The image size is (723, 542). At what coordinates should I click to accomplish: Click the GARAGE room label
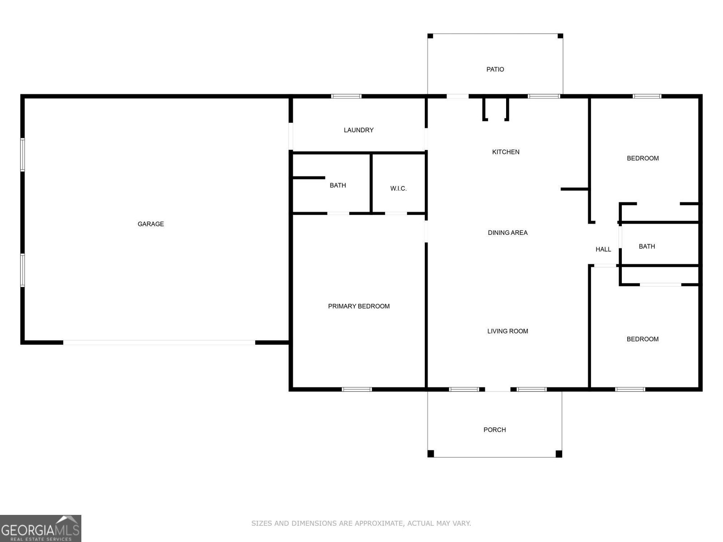click(150, 224)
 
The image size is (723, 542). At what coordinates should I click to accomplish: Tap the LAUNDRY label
click(358, 130)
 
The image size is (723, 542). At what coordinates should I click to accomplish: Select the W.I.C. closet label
click(398, 188)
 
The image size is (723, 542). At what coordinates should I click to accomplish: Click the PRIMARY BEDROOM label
click(358, 306)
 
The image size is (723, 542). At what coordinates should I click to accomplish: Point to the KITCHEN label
click(506, 152)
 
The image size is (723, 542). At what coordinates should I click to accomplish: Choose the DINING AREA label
click(507, 233)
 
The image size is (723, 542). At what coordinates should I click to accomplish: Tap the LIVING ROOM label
click(507, 331)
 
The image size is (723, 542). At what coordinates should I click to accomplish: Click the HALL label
click(603, 249)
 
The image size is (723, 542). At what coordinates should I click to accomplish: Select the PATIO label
click(495, 69)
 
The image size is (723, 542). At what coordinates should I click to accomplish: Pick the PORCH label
click(494, 430)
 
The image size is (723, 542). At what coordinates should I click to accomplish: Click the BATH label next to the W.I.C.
click(338, 185)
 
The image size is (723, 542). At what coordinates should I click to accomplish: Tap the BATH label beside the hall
click(647, 246)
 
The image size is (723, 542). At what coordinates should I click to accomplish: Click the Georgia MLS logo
click(40, 528)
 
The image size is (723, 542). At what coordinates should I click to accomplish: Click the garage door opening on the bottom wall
click(159, 342)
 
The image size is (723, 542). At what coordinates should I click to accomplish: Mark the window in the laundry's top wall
click(346, 96)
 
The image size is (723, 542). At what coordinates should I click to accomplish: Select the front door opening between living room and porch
click(498, 389)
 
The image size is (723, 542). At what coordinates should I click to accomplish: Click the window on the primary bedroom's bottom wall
click(357, 389)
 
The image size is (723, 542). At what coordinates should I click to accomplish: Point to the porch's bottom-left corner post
click(431, 453)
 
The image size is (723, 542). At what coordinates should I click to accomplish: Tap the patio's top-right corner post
click(560, 36)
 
